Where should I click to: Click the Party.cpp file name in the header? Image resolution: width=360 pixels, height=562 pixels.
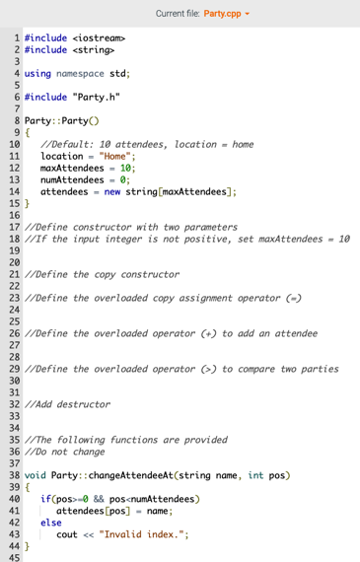223,13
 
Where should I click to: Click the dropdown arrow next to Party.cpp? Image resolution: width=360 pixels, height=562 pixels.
249,13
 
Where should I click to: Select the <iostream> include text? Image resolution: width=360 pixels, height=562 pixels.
100,36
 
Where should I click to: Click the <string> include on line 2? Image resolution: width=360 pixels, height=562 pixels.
93,48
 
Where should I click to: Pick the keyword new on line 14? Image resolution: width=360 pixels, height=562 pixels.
112,192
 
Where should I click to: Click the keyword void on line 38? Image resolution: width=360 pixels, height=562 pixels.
36,476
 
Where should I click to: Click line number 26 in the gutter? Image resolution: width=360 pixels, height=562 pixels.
15,332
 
